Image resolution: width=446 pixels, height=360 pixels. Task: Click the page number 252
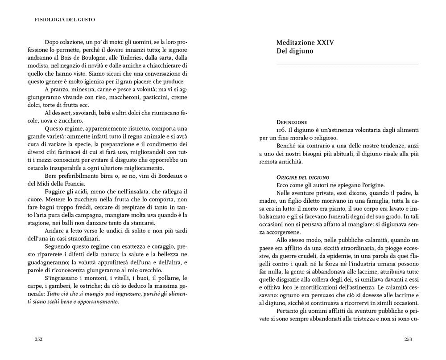[x=38, y=339]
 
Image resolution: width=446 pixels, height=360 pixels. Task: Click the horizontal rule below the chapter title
[x=347, y=65]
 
